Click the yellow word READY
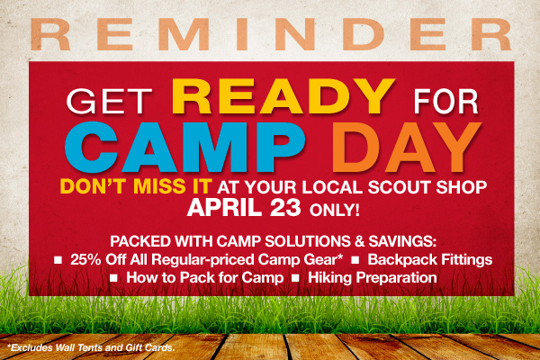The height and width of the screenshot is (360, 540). pyautogui.click(x=283, y=97)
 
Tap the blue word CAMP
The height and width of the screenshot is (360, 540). pyautogui.click(x=184, y=147)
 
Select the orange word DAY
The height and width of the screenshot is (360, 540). pyautogui.click(x=407, y=148)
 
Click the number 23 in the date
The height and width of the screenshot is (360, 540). pyautogui.click(x=285, y=208)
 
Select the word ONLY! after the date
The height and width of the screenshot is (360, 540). pyautogui.click(x=335, y=210)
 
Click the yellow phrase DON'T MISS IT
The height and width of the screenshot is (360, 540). pyautogui.click(x=136, y=186)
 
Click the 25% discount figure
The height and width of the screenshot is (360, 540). pyautogui.click(x=85, y=259)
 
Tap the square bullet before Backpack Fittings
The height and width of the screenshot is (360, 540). pyautogui.click(x=355, y=260)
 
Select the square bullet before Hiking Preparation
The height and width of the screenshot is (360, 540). pyautogui.click(x=295, y=278)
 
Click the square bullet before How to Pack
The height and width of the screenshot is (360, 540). pyautogui.click(x=113, y=278)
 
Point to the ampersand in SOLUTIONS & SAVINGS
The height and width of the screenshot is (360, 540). pyautogui.click(x=359, y=241)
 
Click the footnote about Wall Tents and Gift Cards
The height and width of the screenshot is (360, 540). pyautogui.click(x=91, y=347)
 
